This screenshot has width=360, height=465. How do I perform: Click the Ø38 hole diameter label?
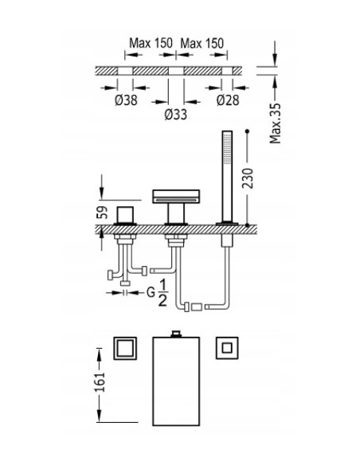click(x=126, y=100)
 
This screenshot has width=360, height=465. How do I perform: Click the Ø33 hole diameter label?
click(x=176, y=114)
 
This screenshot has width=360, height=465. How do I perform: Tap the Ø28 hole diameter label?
click(x=228, y=100)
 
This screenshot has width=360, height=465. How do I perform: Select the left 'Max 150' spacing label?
click(x=151, y=43)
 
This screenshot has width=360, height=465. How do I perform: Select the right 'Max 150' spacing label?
click(x=202, y=43)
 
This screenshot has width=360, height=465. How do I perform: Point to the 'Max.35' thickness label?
click(x=275, y=123)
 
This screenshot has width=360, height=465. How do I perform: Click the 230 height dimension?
click(x=248, y=178)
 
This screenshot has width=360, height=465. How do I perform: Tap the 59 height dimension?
click(x=102, y=213)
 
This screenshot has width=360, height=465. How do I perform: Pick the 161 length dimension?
click(x=100, y=382)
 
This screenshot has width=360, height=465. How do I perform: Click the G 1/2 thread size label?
click(x=158, y=293)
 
